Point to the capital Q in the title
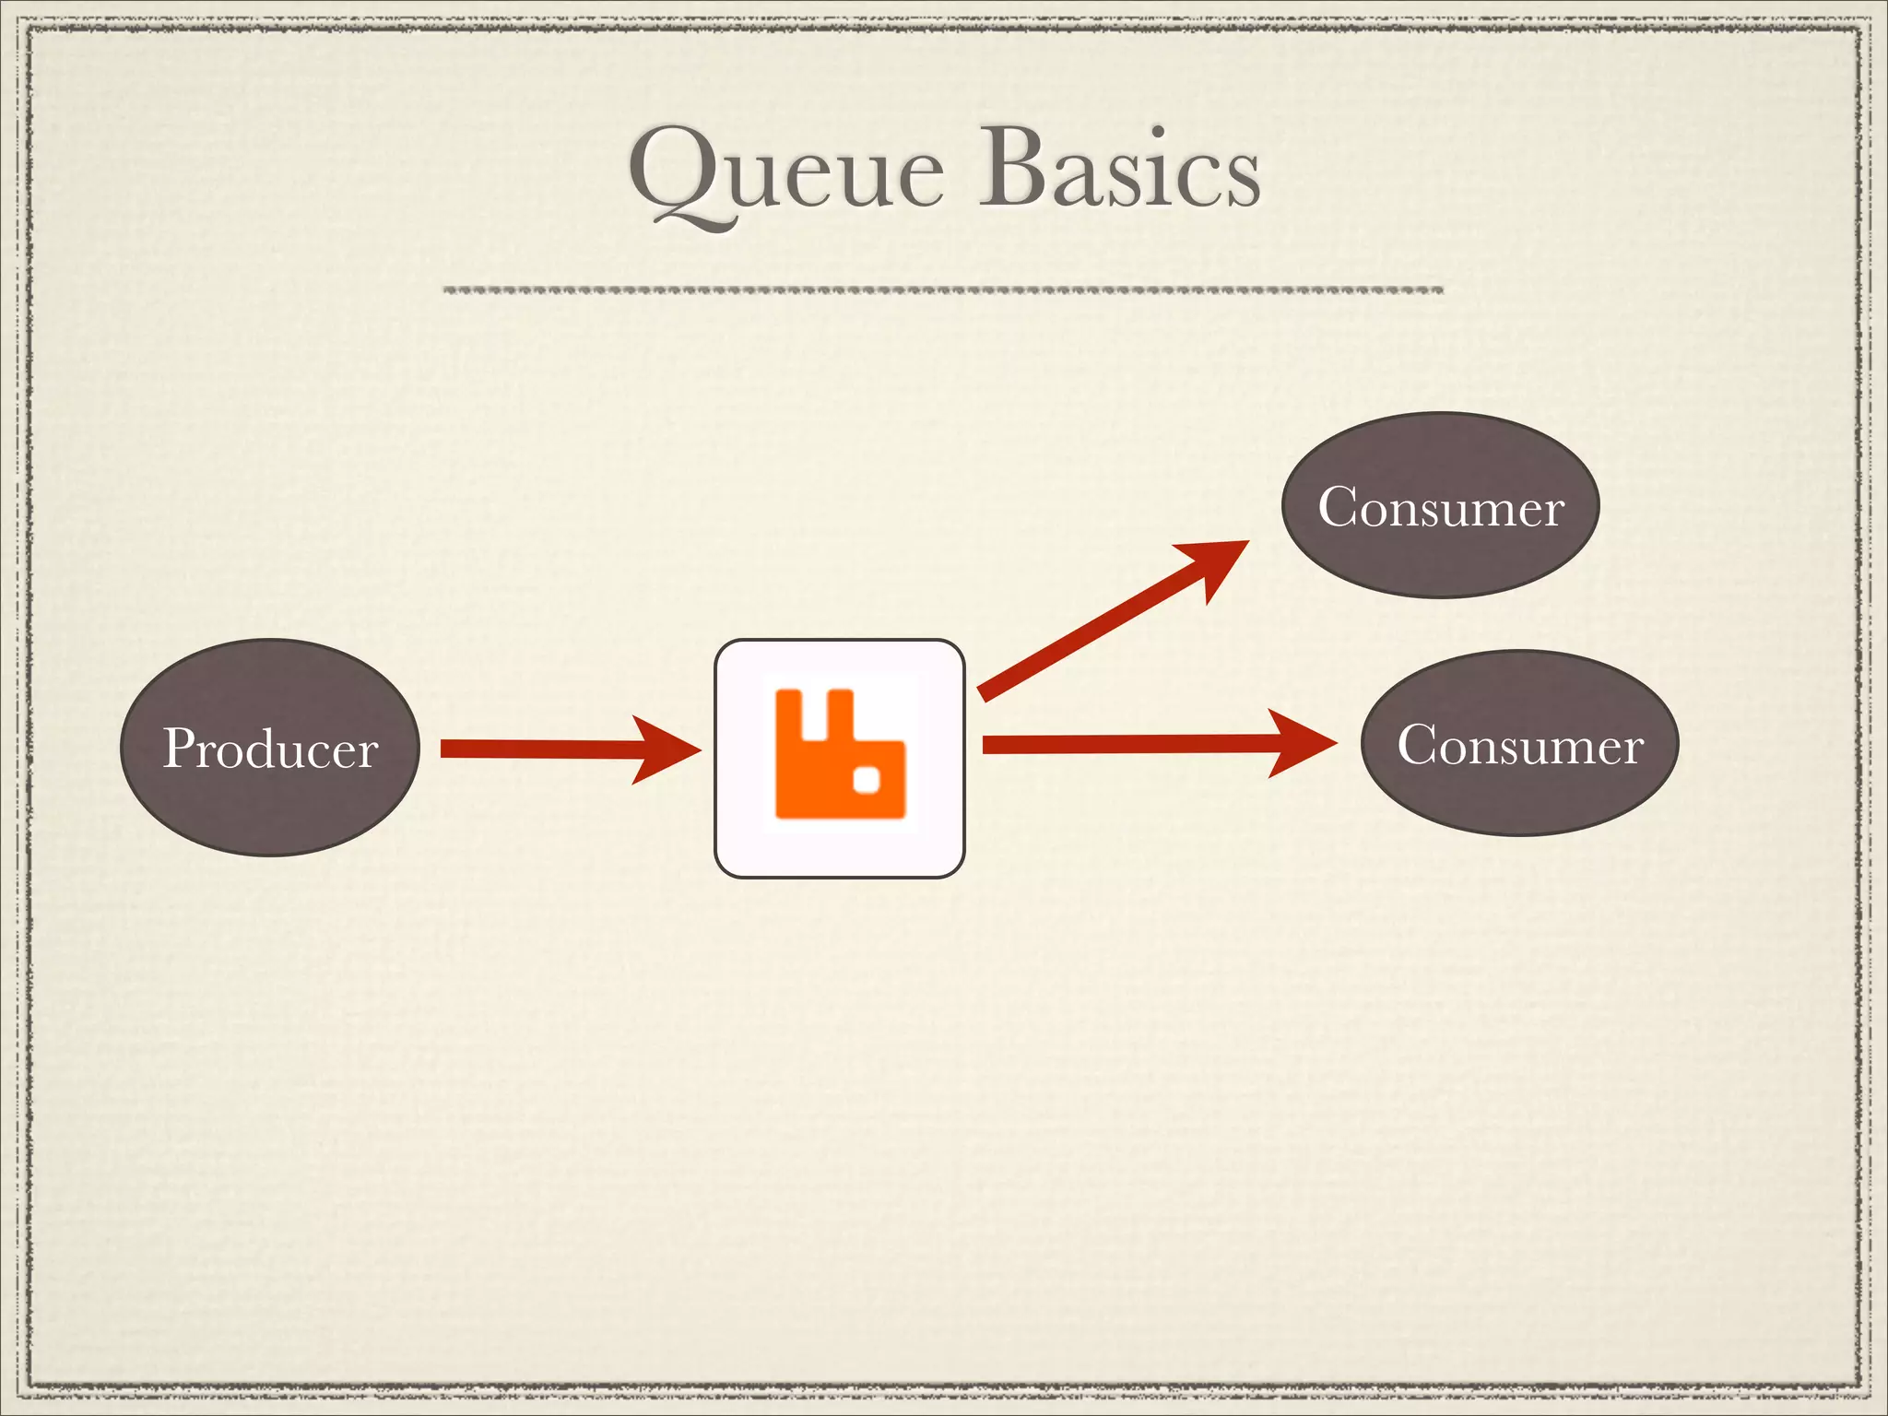pos(678,171)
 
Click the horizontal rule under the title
pos(942,290)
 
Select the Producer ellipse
pos(269,802)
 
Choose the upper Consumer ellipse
pos(1440,553)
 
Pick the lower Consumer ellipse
pos(1519,793)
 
